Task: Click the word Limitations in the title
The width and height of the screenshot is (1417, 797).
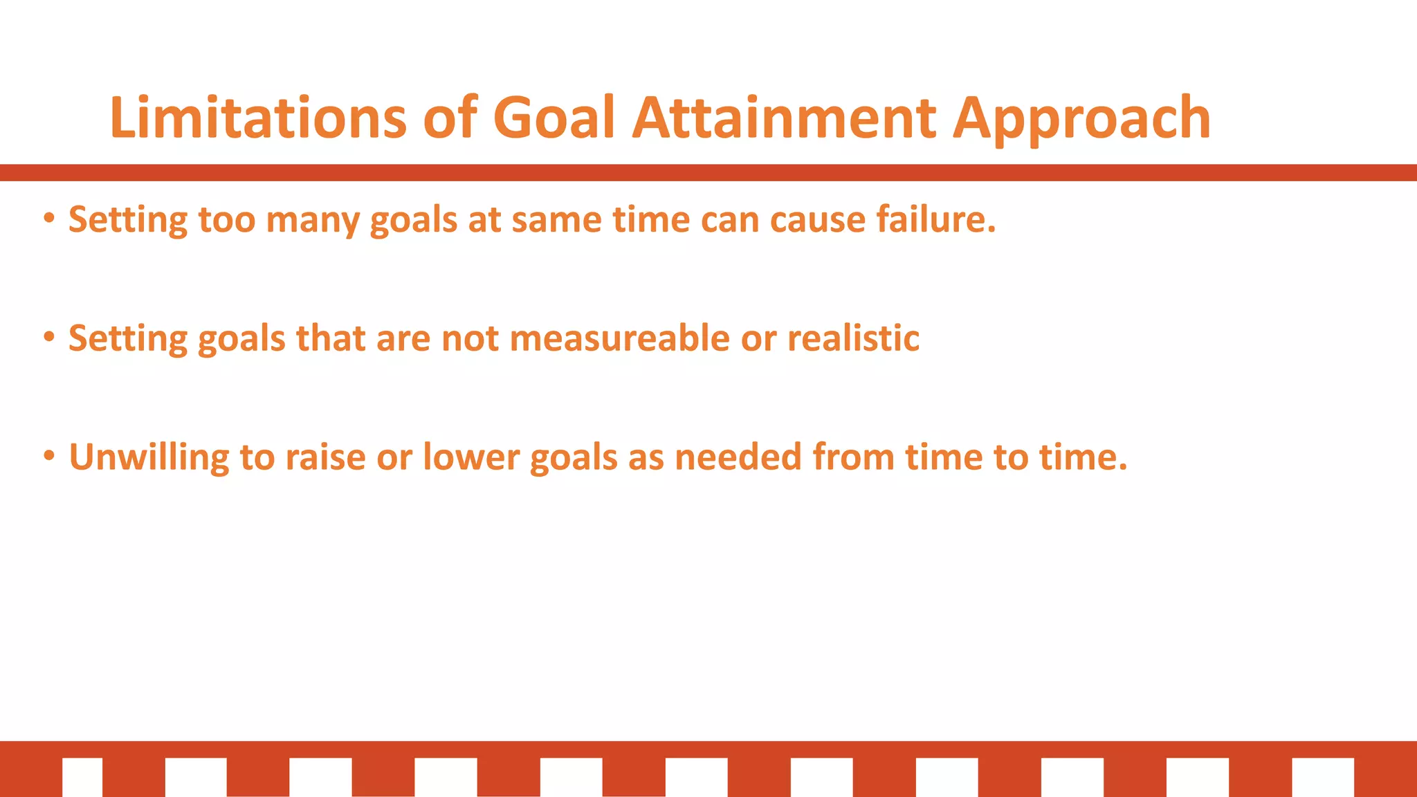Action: point(258,118)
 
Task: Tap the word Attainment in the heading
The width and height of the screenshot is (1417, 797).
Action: point(785,118)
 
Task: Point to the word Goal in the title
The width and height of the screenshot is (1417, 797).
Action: point(554,118)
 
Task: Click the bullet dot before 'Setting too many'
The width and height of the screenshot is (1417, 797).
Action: point(48,219)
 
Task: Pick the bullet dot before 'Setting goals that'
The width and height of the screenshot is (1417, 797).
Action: point(48,338)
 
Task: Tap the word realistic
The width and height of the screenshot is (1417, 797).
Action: point(853,338)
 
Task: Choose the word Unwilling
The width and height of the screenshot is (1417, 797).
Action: point(149,458)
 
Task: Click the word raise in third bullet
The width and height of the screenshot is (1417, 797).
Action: point(325,457)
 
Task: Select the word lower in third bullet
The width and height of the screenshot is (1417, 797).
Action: point(470,457)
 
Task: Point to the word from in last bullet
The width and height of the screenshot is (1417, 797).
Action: point(853,457)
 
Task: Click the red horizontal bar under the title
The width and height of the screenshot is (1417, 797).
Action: point(708,172)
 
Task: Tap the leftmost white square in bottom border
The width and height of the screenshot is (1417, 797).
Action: point(82,777)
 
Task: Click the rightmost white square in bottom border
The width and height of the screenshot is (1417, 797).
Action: point(1322,777)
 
